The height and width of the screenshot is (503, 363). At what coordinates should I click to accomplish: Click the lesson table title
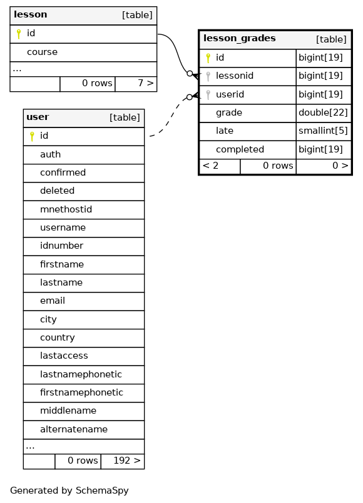coord(31,14)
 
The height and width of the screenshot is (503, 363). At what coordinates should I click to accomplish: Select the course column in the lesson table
coord(42,52)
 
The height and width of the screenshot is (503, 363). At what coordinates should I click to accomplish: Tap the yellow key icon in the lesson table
coord(19,34)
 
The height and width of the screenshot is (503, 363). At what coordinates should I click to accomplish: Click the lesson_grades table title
coord(239,39)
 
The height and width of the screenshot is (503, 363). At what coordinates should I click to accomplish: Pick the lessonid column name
coord(235,76)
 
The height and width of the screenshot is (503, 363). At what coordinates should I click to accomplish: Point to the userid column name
coord(230,94)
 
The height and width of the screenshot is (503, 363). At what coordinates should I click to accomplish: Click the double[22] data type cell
coord(323,112)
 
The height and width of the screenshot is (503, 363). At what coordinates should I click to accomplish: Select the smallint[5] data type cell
coord(323,131)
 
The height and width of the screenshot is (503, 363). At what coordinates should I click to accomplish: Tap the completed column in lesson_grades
coord(240,149)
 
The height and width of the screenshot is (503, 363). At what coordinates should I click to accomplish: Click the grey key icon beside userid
coord(208,94)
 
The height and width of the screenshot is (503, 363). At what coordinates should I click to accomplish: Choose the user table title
coord(38,117)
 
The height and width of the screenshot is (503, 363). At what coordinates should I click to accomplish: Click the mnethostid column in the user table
coord(66,209)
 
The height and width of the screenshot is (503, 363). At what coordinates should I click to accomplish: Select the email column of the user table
coord(53,301)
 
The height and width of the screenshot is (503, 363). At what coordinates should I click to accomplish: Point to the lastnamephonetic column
coord(81,374)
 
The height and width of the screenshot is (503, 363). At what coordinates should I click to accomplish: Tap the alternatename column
coord(74,429)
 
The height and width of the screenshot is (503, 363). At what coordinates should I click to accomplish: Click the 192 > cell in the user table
coord(123,461)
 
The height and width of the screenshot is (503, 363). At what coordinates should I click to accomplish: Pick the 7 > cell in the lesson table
coord(136,83)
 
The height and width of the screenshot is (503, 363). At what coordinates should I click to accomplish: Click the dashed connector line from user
coord(172,116)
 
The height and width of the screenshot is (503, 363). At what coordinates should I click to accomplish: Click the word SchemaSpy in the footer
coord(102,491)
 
